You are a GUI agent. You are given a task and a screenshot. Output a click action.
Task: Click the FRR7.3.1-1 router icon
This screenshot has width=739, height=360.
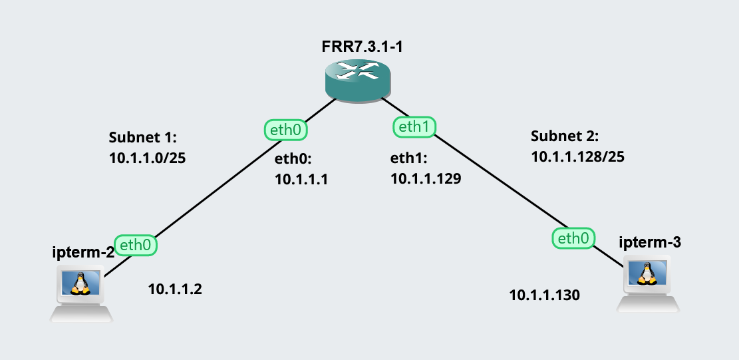357,81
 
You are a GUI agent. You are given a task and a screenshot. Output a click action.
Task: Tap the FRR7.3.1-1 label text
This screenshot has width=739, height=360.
357,48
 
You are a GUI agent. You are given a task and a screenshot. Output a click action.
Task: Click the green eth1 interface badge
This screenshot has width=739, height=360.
414,126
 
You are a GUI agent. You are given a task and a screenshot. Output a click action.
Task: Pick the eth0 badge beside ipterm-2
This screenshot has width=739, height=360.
136,245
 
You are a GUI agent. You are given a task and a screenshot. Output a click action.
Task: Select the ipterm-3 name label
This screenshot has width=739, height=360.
649,242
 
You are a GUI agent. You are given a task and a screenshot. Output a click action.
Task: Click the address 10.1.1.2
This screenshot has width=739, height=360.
174,289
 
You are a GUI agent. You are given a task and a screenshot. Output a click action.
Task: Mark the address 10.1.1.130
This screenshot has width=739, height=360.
545,294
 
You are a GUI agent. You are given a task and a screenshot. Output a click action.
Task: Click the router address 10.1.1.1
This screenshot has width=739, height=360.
301,179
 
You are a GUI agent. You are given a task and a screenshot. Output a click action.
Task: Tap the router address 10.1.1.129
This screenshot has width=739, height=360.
426,178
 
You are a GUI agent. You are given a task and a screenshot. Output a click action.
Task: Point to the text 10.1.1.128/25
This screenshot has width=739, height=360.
577,156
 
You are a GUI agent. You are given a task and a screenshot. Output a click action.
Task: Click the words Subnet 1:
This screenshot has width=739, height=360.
142,138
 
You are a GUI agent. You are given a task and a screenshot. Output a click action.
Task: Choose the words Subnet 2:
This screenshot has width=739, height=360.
565,136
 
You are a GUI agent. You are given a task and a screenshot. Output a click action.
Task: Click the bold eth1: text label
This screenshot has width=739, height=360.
408,158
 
